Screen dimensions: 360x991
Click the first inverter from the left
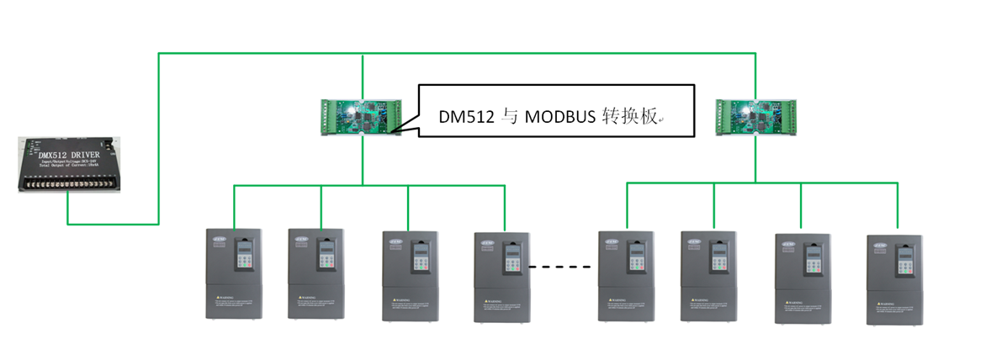pyautogui.click(x=234, y=273)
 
